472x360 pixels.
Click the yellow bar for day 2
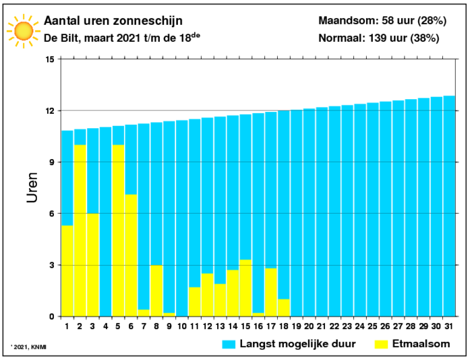pyautogui.click(x=80, y=231)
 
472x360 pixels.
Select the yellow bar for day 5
pyautogui.click(x=118, y=231)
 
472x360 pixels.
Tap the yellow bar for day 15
pyautogui.click(x=245, y=288)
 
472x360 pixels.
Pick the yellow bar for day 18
pyautogui.click(x=284, y=307)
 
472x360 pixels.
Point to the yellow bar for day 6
pyautogui.click(x=131, y=256)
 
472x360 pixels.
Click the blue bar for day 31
pyautogui.click(x=449, y=206)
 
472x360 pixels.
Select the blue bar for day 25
pyautogui.click(x=373, y=210)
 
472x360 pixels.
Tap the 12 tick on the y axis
pyautogui.click(x=50, y=111)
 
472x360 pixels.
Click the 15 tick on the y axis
pyautogui.click(x=50, y=59)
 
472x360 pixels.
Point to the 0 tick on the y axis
pyautogui.click(x=52, y=317)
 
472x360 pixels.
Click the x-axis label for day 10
pyautogui.click(x=182, y=326)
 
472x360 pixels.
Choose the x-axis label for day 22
pyautogui.click(x=334, y=326)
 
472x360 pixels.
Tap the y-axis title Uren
pyautogui.click(x=32, y=187)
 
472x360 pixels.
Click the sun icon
pyautogui.click(x=24, y=31)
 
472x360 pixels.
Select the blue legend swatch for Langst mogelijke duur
pyautogui.click(x=229, y=344)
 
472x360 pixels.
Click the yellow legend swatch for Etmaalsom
pyautogui.click(x=381, y=344)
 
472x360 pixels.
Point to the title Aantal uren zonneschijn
pyautogui.click(x=113, y=21)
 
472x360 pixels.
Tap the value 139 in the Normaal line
pyautogui.click(x=377, y=38)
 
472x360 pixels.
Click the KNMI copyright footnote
pyautogui.click(x=28, y=347)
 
